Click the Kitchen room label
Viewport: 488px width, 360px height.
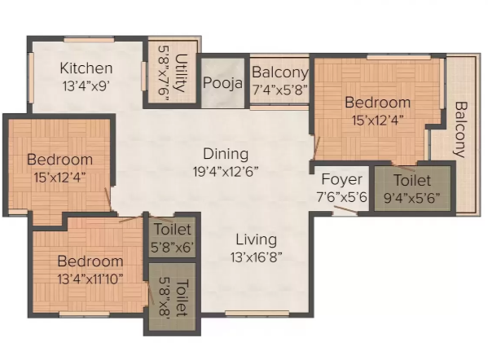pyautogui.click(x=86, y=68)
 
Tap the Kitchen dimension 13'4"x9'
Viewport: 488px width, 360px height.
pyautogui.click(x=86, y=83)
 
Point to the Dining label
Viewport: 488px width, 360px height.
pyautogui.click(x=226, y=153)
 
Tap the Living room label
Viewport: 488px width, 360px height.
pyautogui.click(x=256, y=240)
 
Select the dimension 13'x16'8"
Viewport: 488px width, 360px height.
pyautogui.click(x=256, y=257)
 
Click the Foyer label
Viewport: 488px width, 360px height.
pyautogui.click(x=341, y=179)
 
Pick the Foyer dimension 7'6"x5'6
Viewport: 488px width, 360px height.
pyautogui.click(x=341, y=195)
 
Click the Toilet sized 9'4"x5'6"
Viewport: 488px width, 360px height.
pyautogui.click(x=412, y=188)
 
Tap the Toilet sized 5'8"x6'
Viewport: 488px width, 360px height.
pyautogui.click(x=171, y=238)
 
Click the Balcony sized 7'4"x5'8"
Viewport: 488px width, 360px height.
pyautogui.click(x=279, y=81)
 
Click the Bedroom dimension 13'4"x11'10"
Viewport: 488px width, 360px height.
pyautogui.click(x=90, y=278)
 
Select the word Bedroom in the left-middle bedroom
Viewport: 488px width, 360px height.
pyautogui.click(x=59, y=160)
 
